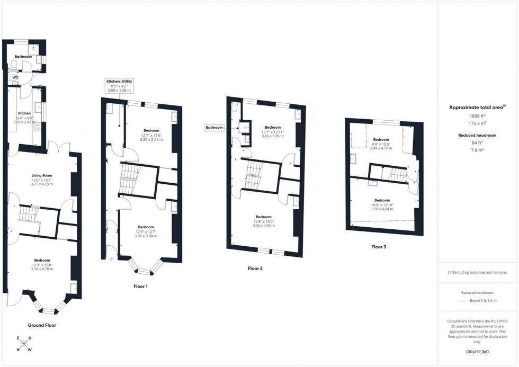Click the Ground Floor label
tap(42, 325)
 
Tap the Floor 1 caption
tap(141, 286)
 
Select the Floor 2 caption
tap(255, 268)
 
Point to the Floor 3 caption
tap(379, 247)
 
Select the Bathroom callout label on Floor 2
tap(214, 128)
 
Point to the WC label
tap(16, 77)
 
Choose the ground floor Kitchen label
tap(24, 113)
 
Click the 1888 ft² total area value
tap(477, 115)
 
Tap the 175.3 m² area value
tap(477, 122)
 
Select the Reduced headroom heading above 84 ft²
tap(477, 136)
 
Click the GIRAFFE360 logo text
tap(478, 351)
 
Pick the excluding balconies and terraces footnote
tap(477, 272)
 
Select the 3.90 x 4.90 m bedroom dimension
tap(264, 226)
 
